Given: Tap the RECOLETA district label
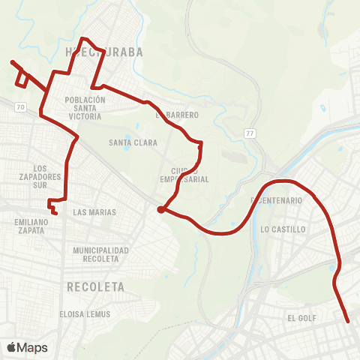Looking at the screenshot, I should coord(94,286).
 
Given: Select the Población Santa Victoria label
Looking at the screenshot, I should coord(90,108).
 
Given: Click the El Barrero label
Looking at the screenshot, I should coord(177,115).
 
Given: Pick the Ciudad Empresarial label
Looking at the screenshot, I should coord(183,175).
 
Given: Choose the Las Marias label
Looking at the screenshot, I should coord(94,212).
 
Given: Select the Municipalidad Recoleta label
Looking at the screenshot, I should coord(101,254).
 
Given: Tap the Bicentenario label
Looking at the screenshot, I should coord(277,201).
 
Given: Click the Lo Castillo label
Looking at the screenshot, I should coord(283,229).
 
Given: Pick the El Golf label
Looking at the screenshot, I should coord(302,318).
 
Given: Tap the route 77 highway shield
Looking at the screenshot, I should coord(249,133).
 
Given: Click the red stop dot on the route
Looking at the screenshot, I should coord(160,210).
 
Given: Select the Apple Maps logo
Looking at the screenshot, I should coord(27,347).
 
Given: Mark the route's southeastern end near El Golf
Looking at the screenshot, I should coord(349,322).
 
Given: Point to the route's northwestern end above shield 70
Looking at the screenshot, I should coord(12,62).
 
